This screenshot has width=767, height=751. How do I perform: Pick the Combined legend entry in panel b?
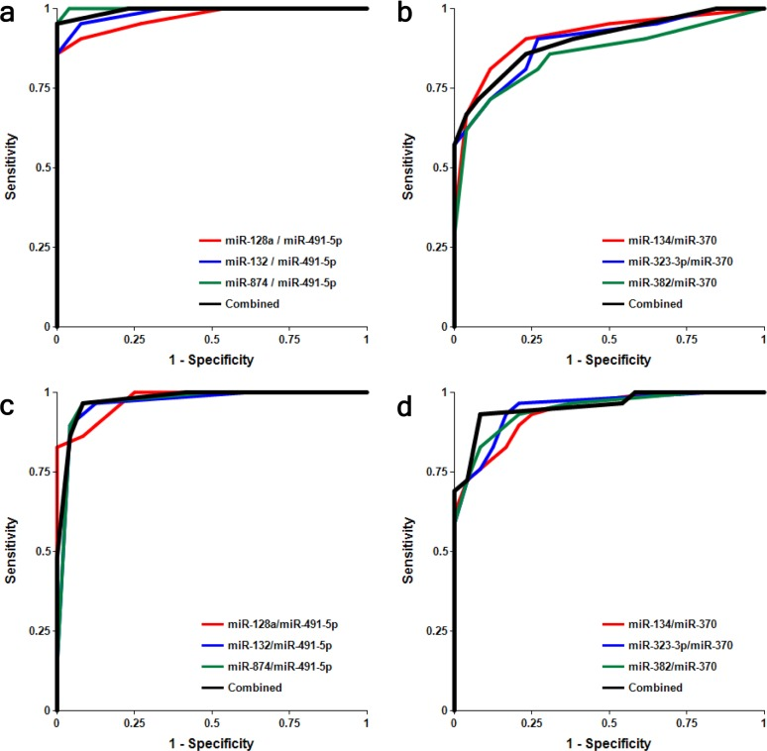coord(657,303)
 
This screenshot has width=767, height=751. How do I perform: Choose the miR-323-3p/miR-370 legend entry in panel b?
coord(671,262)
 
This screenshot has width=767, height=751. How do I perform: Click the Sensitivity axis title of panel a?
coord(11,167)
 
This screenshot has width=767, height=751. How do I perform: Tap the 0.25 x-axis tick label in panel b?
coord(531,340)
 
